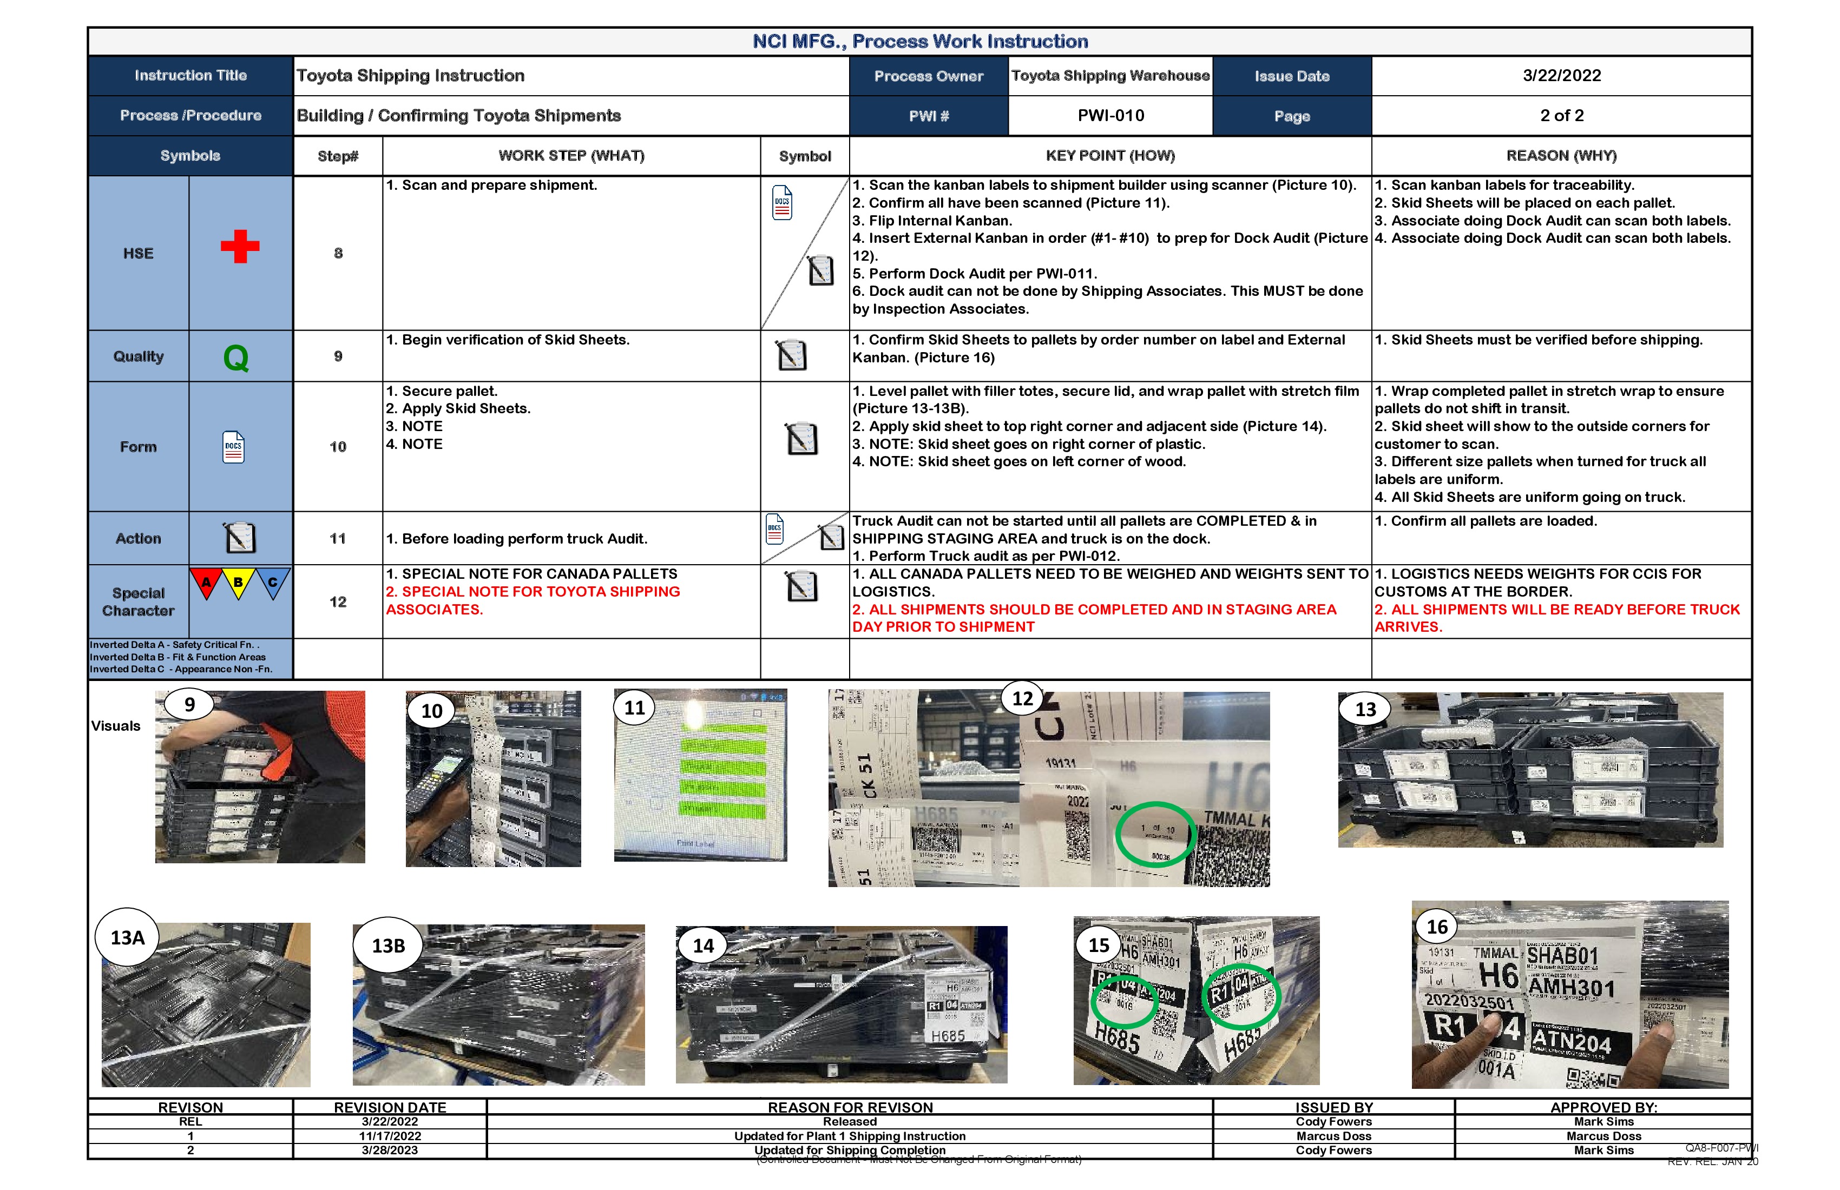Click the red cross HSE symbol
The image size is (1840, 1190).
[240, 247]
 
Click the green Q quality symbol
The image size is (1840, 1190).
[236, 358]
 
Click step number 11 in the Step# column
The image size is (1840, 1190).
[338, 539]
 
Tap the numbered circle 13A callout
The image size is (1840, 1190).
[128, 937]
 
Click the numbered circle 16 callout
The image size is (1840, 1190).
[1436, 927]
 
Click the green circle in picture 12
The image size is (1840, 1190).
[1156, 835]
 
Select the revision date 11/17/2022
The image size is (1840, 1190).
[390, 1136]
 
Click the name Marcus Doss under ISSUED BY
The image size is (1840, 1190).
[1333, 1136]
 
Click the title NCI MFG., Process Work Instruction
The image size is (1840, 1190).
[920, 42]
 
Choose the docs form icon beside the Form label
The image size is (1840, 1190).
[233, 447]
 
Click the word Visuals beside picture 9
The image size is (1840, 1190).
[116, 725]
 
